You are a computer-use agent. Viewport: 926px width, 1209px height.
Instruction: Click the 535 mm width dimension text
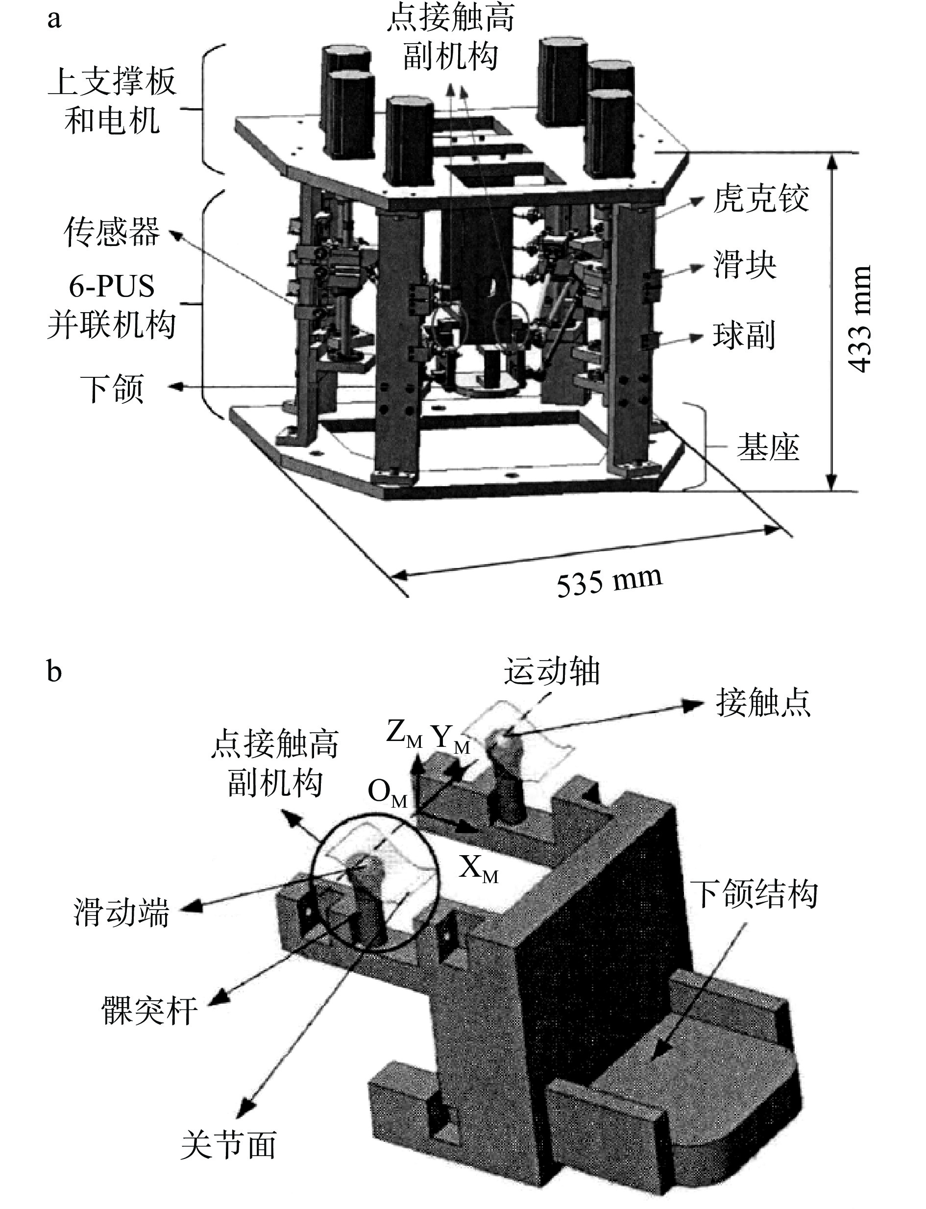tap(609, 582)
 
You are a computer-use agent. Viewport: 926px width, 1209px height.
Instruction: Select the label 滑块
tap(745, 265)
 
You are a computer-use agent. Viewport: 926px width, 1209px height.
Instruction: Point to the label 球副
tap(745, 335)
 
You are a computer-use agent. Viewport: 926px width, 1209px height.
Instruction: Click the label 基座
tap(768, 447)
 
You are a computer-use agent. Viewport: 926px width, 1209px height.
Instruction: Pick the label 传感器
tap(112, 231)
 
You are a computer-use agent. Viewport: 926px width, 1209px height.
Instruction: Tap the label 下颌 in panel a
tap(112, 388)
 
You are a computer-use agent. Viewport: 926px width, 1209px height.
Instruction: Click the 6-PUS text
tap(112, 287)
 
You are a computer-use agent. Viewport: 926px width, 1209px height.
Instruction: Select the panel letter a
tap(53, 20)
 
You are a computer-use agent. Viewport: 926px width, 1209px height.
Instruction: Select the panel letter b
tap(53, 671)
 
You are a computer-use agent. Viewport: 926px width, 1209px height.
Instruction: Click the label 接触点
tap(763, 703)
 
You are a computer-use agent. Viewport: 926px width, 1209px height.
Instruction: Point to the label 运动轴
tap(551, 671)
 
